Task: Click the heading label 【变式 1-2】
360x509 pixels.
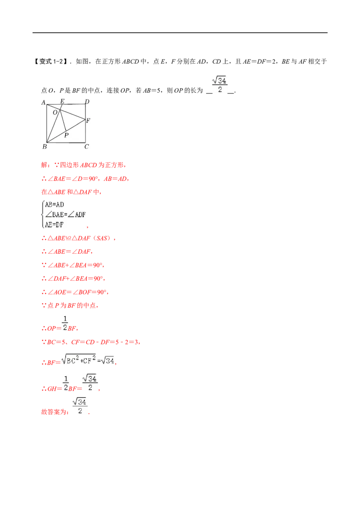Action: coord(50,61)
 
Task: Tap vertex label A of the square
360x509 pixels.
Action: coord(44,103)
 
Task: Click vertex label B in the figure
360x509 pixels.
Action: coord(45,147)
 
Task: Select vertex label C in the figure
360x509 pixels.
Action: coord(86,147)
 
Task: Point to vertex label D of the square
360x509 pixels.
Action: coord(87,102)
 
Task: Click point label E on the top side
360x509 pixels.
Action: coord(63,101)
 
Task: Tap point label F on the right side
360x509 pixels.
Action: coord(88,121)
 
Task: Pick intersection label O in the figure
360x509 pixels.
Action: coord(55,112)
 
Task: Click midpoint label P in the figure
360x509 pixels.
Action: coord(66,135)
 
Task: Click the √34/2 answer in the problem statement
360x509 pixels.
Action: coord(220,85)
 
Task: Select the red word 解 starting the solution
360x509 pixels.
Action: coord(45,165)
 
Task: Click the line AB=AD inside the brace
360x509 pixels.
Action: coord(54,205)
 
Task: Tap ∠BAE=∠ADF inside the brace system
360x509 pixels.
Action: coord(65,214)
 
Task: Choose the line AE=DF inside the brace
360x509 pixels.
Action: coord(54,225)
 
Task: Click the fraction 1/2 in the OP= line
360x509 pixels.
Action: coord(65,323)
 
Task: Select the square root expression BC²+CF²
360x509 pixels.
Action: coord(79,359)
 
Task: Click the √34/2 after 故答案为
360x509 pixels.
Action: coord(80,406)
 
